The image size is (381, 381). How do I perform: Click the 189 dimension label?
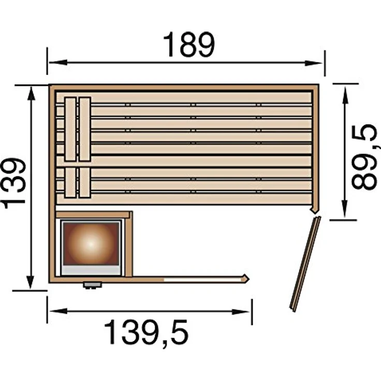pyautogui.click(x=189, y=45)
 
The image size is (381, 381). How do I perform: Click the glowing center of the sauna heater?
pyautogui.click(x=91, y=243)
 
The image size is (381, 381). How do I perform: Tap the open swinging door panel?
pyautogui.click(x=305, y=264)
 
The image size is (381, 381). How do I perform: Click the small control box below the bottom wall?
pyautogui.click(x=92, y=285)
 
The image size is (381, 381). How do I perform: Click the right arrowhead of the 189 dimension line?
pyautogui.click(x=314, y=63)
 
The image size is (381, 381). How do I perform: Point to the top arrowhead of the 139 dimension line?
pyautogui.click(x=31, y=94)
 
